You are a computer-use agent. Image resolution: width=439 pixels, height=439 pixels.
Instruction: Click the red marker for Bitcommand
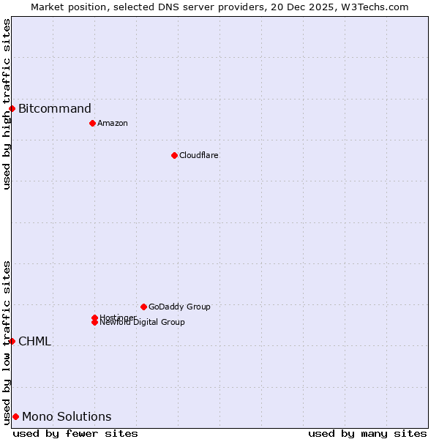coord(12,109)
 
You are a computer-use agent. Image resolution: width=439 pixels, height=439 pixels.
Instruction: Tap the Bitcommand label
coord(55,109)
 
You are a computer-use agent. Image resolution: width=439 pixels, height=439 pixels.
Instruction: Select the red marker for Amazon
coord(92,123)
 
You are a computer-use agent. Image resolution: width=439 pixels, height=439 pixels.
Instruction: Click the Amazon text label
coord(113,123)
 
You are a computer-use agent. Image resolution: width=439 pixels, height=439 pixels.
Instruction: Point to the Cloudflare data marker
coord(174,155)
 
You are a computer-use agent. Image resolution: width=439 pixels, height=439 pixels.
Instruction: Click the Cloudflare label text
coord(199,155)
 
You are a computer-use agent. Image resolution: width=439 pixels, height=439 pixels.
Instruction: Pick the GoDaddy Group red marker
coord(143,307)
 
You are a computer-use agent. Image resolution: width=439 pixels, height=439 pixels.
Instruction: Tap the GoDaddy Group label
coord(179,307)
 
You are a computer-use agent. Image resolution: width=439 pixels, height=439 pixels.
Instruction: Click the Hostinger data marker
coord(94,318)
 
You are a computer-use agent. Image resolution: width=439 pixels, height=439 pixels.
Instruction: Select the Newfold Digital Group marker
coord(94,323)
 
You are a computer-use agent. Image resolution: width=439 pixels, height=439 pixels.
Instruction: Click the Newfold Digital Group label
coord(143,323)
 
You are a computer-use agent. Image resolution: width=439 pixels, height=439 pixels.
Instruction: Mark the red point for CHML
coord(12,341)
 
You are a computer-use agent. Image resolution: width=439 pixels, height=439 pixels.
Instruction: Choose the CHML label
coord(34,342)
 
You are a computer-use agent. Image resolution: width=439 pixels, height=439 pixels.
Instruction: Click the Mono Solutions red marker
coord(15,416)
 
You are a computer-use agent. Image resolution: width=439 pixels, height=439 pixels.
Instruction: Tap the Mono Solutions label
coord(67,417)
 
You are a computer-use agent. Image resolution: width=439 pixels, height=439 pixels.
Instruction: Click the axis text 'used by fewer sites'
coord(75,433)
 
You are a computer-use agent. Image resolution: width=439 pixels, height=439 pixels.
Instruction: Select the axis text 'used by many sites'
coord(367,433)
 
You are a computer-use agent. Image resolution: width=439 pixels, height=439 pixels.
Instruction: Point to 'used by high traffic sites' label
coord(7,104)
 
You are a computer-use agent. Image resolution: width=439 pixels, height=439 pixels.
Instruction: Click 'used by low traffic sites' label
coord(7,342)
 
